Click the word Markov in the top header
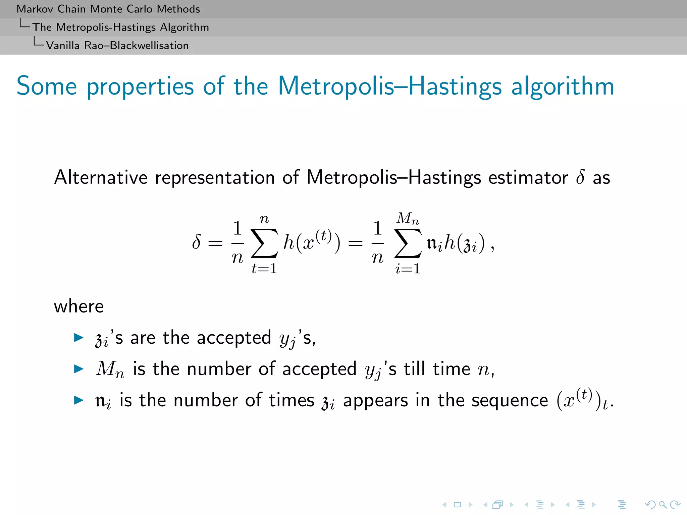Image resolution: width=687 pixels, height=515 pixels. pyautogui.click(x=35, y=9)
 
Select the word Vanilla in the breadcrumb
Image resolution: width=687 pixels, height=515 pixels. pyautogui.click(x=63, y=45)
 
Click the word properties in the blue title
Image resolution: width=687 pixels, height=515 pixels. pyautogui.click(x=140, y=87)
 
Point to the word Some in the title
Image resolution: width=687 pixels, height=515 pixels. pyautogui.click(x=47, y=86)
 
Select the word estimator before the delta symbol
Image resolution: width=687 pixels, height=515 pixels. pyautogui.click(x=528, y=178)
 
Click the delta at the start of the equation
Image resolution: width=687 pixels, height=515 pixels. pyautogui.click(x=197, y=242)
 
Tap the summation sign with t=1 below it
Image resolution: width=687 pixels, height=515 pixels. pyautogui.click(x=264, y=243)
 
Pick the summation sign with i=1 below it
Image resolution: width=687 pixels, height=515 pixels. pyautogui.click(x=408, y=243)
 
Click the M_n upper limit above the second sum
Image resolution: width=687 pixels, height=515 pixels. pyautogui.click(x=408, y=219)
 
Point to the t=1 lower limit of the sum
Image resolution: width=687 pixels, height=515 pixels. pyautogui.click(x=264, y=268)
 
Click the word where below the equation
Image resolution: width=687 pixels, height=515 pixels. pyautogui.click(x=79, y=306)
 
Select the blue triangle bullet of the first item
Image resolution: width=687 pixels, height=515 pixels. pyautogui.click(x=78, y=337)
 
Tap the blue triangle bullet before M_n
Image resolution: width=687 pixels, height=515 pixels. pyautogui.click(x=78, y=369)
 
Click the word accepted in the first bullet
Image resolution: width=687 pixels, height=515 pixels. pyautogui.click(x=234, y=338)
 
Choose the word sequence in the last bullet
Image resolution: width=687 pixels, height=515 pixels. pyautogui.click(x=510, y=400)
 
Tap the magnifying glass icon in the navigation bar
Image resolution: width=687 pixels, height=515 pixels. pyautogui.click(x=663, y=505)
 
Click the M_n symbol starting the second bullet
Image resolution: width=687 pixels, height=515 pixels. pyautogui.click(x=110, y=369)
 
